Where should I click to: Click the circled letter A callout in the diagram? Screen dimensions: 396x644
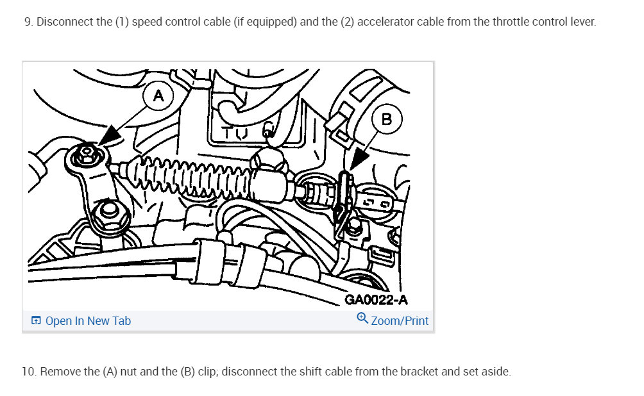(x=158, y=97)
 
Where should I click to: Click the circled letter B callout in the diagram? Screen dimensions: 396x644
(x=386, y=119)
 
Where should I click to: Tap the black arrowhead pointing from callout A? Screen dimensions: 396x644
(x=111, y=135)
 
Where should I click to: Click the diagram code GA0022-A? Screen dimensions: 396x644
(x=376, y=300)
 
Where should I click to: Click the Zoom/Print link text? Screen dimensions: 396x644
(x=400, y=320)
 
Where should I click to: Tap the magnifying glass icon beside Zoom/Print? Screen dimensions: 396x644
(x=362, y=319)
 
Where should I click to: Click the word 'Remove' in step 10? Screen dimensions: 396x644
(x=59, y=372)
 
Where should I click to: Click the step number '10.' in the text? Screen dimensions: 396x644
(x=29, y=372)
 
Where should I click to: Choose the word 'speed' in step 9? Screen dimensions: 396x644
(x=149, y=22)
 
